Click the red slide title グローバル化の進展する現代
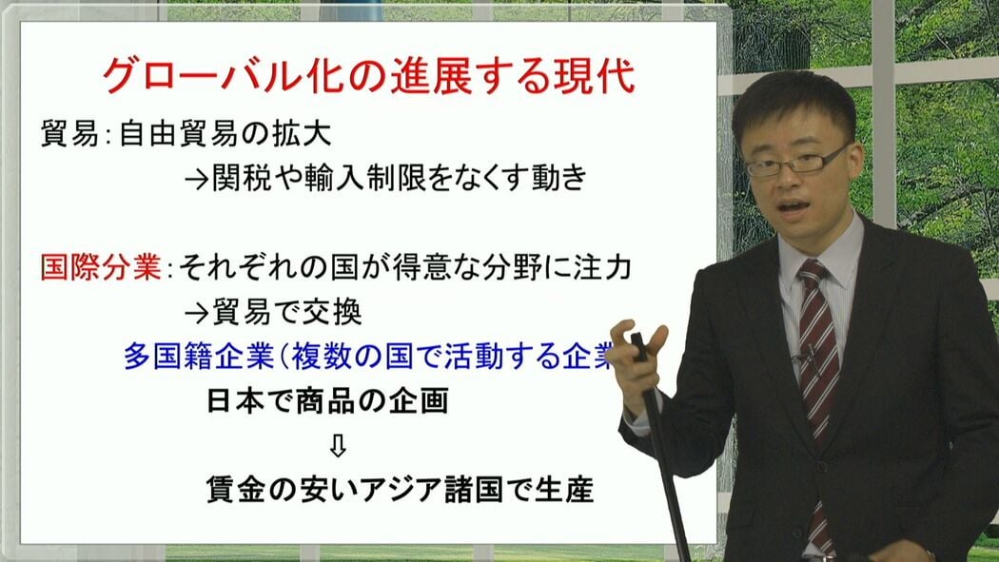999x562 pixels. click(x=369, y=76)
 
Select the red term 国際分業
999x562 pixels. click(x=101, y=268)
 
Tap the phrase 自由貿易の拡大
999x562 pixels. click(x=225, y=134)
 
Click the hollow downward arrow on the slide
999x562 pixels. click(x=338, y=446)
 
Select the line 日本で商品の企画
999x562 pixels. click(x=327, y=401)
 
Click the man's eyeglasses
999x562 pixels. click(x=796, y=162)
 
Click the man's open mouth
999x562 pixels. click(x=793, y=208)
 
